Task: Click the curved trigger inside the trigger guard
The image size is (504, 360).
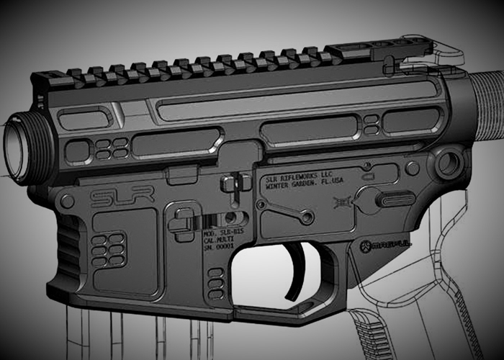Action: (x=299, y=272)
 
